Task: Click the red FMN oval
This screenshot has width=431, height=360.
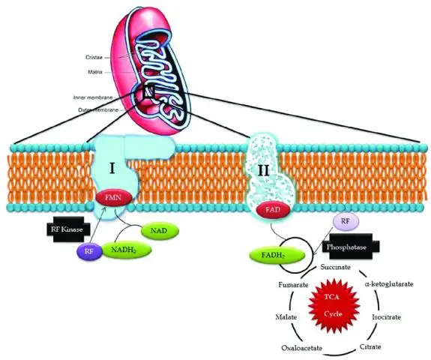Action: [113, 197]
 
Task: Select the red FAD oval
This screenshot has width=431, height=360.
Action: [273, 210]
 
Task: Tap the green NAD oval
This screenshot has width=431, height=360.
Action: [160, 230]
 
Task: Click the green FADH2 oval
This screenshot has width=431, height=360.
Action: [277, 255]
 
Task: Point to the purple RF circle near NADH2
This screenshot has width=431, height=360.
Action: [89, 251]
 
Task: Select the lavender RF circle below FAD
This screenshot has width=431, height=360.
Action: [346, 222]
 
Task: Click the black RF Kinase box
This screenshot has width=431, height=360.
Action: [67, 229]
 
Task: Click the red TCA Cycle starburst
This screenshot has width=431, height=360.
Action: [334, 305]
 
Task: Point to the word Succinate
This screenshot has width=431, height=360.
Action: [336, 267]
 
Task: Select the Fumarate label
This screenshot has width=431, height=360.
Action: [293, 285]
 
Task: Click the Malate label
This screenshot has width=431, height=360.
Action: [286, 317]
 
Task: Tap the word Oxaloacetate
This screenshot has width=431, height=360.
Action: [301, 348]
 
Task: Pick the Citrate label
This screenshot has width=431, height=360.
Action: [370, 346]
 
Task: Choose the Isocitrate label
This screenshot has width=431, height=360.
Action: [386, 317]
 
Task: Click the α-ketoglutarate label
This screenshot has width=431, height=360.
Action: [389, 283]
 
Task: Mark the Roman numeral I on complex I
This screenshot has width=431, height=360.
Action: [112, 168]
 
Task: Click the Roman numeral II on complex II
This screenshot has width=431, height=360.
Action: [263, 171]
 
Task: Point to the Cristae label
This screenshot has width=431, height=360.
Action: [94, 58]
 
